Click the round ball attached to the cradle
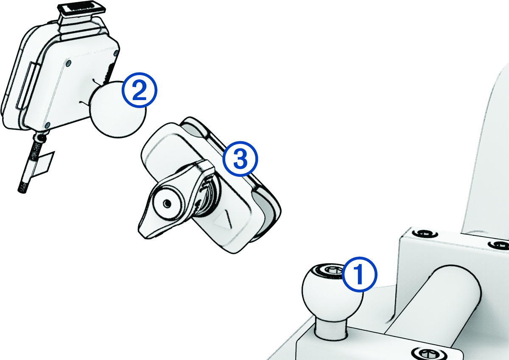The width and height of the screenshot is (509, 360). pos(117,111)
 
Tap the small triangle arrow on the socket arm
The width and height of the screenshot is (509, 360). pos(224,221)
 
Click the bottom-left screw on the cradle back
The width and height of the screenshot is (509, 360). pos(48,124)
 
